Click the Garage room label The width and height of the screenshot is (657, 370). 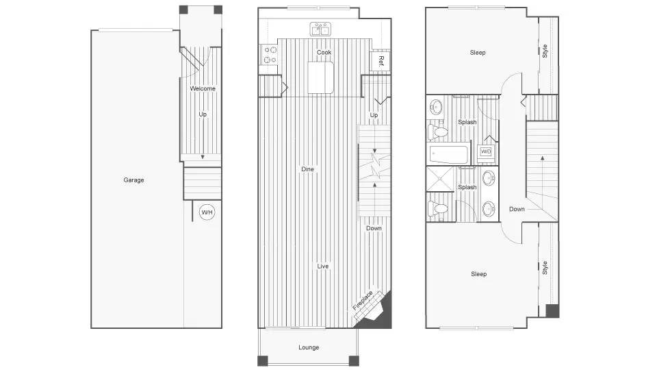tap(133, 180)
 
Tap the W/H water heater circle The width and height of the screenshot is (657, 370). tap(207, 213)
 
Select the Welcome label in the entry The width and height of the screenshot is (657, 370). tap(203, 88)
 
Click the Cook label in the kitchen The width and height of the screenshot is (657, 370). tap(324, 53)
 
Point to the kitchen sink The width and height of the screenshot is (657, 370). tap(320, 29)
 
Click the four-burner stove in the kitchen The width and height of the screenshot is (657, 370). tap(268, 55)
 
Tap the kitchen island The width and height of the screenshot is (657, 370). tap(321, 77)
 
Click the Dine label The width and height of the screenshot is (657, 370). tap(308, 169)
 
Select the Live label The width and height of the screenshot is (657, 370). tap(323, 266)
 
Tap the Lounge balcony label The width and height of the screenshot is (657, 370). tap(309, 347)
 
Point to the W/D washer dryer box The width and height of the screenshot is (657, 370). tap(486, 151)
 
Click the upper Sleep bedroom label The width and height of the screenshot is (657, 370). tap(478, 53)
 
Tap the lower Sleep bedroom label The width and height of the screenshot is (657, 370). tap(478, 274)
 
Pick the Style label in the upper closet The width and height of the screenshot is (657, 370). tap(545, 51)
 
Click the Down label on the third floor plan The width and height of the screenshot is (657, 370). tap(517, 209)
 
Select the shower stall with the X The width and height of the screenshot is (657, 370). tap(442, 180)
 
